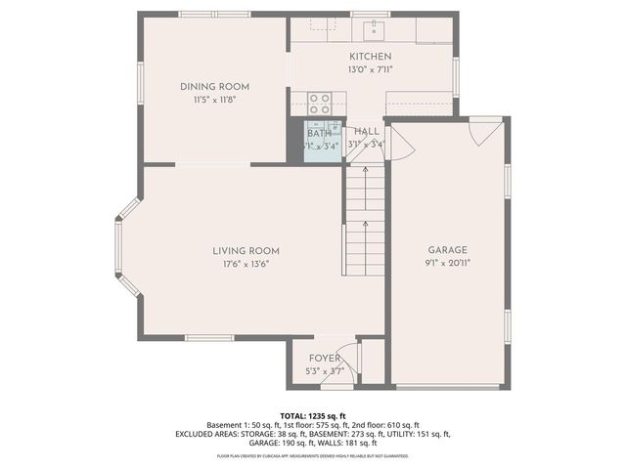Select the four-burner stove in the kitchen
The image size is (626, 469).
(x=319, y=102)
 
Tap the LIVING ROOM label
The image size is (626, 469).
(x=240, y=250)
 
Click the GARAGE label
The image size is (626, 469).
(x=447, y=250)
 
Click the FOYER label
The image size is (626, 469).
(x=324, y=359)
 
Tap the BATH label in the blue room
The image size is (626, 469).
(x=320, y=133)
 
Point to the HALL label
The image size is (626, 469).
(x=367, y=131)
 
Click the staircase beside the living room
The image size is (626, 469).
(x=364, y=220)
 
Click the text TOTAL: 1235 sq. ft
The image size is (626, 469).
(x=312, y=416)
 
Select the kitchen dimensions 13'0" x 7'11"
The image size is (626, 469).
(x=370, y=70)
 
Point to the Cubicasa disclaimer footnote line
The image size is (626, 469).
(x=312, y=456)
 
